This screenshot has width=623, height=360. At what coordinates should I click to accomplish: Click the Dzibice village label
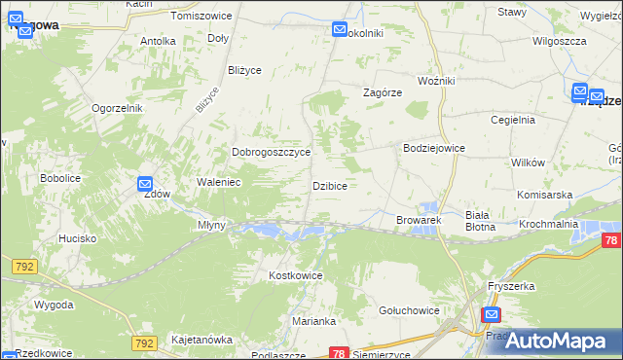coord(329,185)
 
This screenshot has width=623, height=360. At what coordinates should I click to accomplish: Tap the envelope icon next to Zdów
coord(145,183)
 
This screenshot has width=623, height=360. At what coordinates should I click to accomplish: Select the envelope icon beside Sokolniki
coord(340,30)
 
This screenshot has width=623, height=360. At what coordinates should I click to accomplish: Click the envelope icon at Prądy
coord(492,315)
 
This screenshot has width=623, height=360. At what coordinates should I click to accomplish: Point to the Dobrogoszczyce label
coord(271,153)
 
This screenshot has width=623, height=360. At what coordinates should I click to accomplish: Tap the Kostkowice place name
coord(295,276)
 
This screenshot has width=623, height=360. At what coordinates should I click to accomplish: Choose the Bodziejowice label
coord(434,148)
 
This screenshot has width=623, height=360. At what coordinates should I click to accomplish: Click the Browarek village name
coord(419,221)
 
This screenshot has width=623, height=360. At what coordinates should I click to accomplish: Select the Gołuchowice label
coord(409,310)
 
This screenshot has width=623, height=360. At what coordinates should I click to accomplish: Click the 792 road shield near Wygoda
coord(24,266)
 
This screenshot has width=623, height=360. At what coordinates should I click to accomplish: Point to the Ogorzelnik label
coord(118,108)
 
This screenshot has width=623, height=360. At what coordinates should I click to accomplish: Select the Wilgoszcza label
coord(559,42)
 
